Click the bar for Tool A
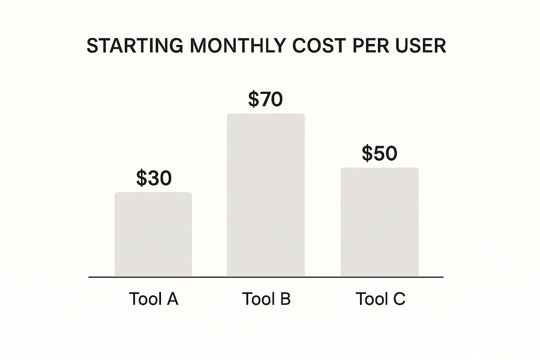pos(153,234)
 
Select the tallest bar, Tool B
pos(266,195)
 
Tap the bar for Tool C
pos(380,222)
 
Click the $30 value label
pos(154,178)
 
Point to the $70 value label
pos(265,99)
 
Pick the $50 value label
pos(379,153)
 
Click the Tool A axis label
pos(154,299)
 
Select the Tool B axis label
pos(266,299)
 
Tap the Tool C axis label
pos(380,299)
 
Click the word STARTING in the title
pos(135,46)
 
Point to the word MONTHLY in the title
pos(238,46)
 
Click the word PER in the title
pos(371,46)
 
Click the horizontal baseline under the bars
pos(266,277)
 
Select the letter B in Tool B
pos(285,299)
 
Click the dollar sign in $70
pos(253,99)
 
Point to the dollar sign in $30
pos(142,178)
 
